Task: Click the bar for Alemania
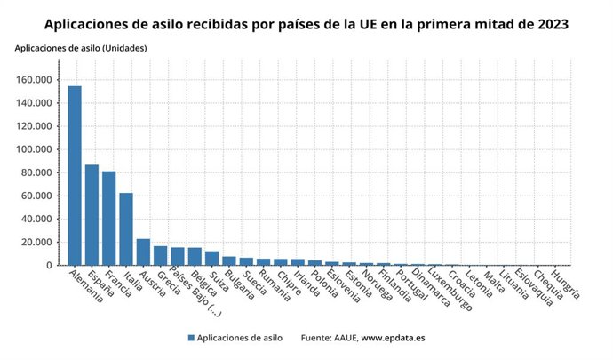pos(75,175)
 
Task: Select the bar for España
pos(92,214)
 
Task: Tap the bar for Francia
pos(108,218)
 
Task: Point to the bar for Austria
pos(143,252)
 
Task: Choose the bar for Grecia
pos(160,256)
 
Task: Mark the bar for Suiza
pos(211,258)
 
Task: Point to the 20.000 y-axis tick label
pos(42,242)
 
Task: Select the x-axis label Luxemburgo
pos(445,290)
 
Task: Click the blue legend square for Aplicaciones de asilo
pos(191,338)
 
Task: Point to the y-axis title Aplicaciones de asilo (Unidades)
pos(81,47)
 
